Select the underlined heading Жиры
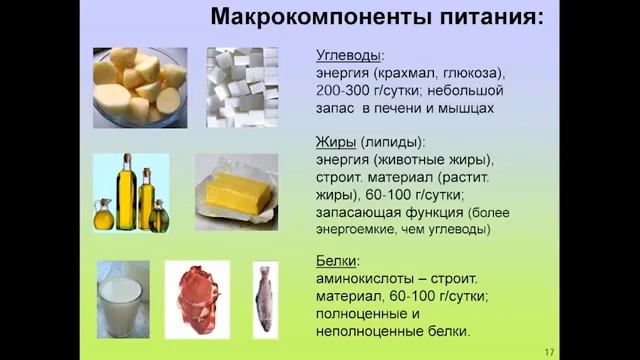[334, 142]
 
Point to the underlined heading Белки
[338, 261]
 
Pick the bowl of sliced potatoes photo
[139, 87]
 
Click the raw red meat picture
[196, 299]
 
